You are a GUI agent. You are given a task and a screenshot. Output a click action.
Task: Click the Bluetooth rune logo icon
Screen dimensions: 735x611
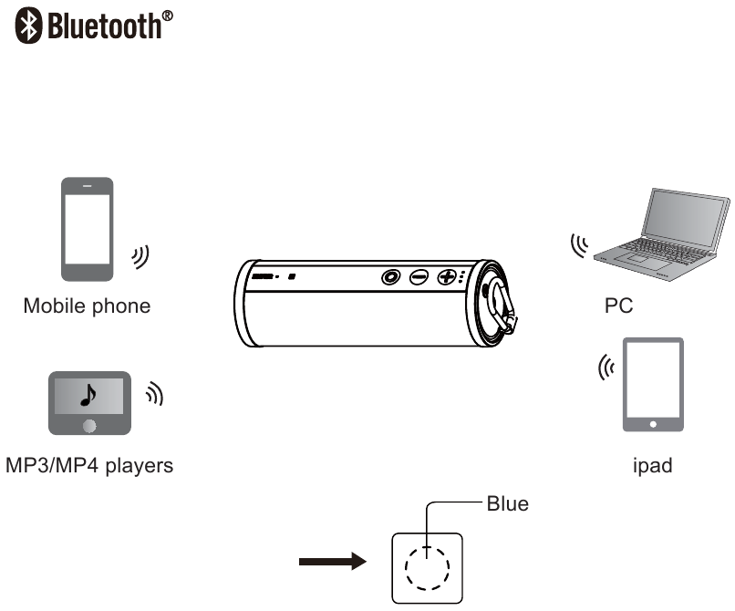[28, 26]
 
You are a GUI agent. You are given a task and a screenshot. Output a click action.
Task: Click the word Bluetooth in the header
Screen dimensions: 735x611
[105, 26]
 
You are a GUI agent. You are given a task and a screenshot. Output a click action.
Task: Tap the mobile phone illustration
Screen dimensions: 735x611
[88, 229]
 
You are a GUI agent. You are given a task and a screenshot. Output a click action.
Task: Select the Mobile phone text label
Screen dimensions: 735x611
[88, 306]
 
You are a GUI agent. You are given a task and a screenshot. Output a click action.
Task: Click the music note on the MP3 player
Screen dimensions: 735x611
[88, 395]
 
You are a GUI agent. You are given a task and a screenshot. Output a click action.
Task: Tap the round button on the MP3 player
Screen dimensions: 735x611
[89, 426]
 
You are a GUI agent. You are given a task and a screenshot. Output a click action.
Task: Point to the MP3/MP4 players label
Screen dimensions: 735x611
[89, 466]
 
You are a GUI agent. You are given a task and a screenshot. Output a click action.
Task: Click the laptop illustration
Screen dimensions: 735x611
[662, 234]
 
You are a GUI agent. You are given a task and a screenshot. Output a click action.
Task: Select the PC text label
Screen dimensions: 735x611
[619, 306]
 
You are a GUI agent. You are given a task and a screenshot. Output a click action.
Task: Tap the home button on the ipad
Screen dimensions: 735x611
[653, 424]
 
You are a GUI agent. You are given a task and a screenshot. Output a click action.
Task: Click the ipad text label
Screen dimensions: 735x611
[653, 466]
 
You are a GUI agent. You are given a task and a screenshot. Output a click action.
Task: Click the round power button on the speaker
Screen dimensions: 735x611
[390, 277]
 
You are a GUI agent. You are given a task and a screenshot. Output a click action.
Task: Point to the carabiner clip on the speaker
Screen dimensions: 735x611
[502, 306]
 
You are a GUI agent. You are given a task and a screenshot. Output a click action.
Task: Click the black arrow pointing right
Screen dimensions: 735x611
[333, 561]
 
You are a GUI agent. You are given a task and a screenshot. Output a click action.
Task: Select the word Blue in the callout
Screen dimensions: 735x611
[508, 504]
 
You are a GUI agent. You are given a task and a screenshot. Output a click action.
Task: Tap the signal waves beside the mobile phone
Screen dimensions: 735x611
[140, 257]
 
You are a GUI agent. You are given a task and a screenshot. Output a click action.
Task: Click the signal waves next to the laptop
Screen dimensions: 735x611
[579, 245]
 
